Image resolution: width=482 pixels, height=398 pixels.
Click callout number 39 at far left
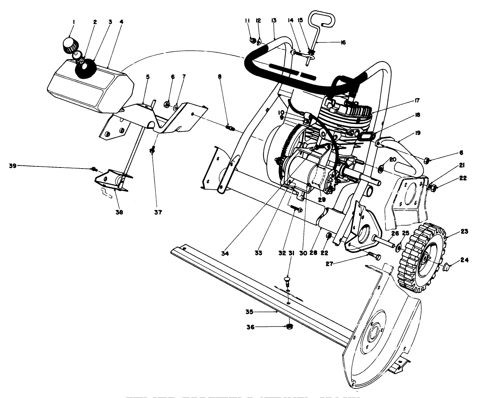tap(13, 166)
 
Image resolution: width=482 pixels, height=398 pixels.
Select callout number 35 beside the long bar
tap(250, 312)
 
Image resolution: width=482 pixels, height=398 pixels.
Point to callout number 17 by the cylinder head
tap(417, 101)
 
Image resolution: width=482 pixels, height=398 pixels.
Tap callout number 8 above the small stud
tap(220, 76)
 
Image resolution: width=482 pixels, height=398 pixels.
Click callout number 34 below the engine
tap(225, 254)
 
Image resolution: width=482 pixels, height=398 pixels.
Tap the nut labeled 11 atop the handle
tap(252, 41)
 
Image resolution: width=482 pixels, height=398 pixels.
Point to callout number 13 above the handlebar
tap(274, 21)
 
